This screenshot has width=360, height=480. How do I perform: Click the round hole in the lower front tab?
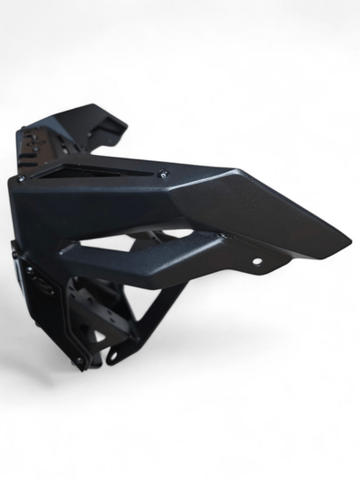tap(257, 263)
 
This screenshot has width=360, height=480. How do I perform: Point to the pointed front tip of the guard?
tap(347, 241)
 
